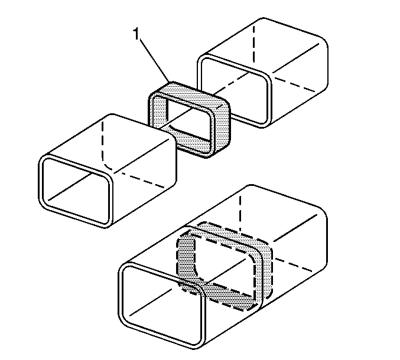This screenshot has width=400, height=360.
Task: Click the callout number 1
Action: point(136,34)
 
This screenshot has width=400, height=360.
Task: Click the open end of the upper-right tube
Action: point(234,91)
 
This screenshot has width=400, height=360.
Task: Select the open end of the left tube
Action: point(76,191)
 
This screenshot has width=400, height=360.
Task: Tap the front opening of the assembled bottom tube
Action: point(162,305)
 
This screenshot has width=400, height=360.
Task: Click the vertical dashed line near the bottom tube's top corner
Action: point(240,212)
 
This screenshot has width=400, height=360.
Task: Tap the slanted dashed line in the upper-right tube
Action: point(294,83)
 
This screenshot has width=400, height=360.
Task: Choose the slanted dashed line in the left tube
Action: point(142,180)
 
